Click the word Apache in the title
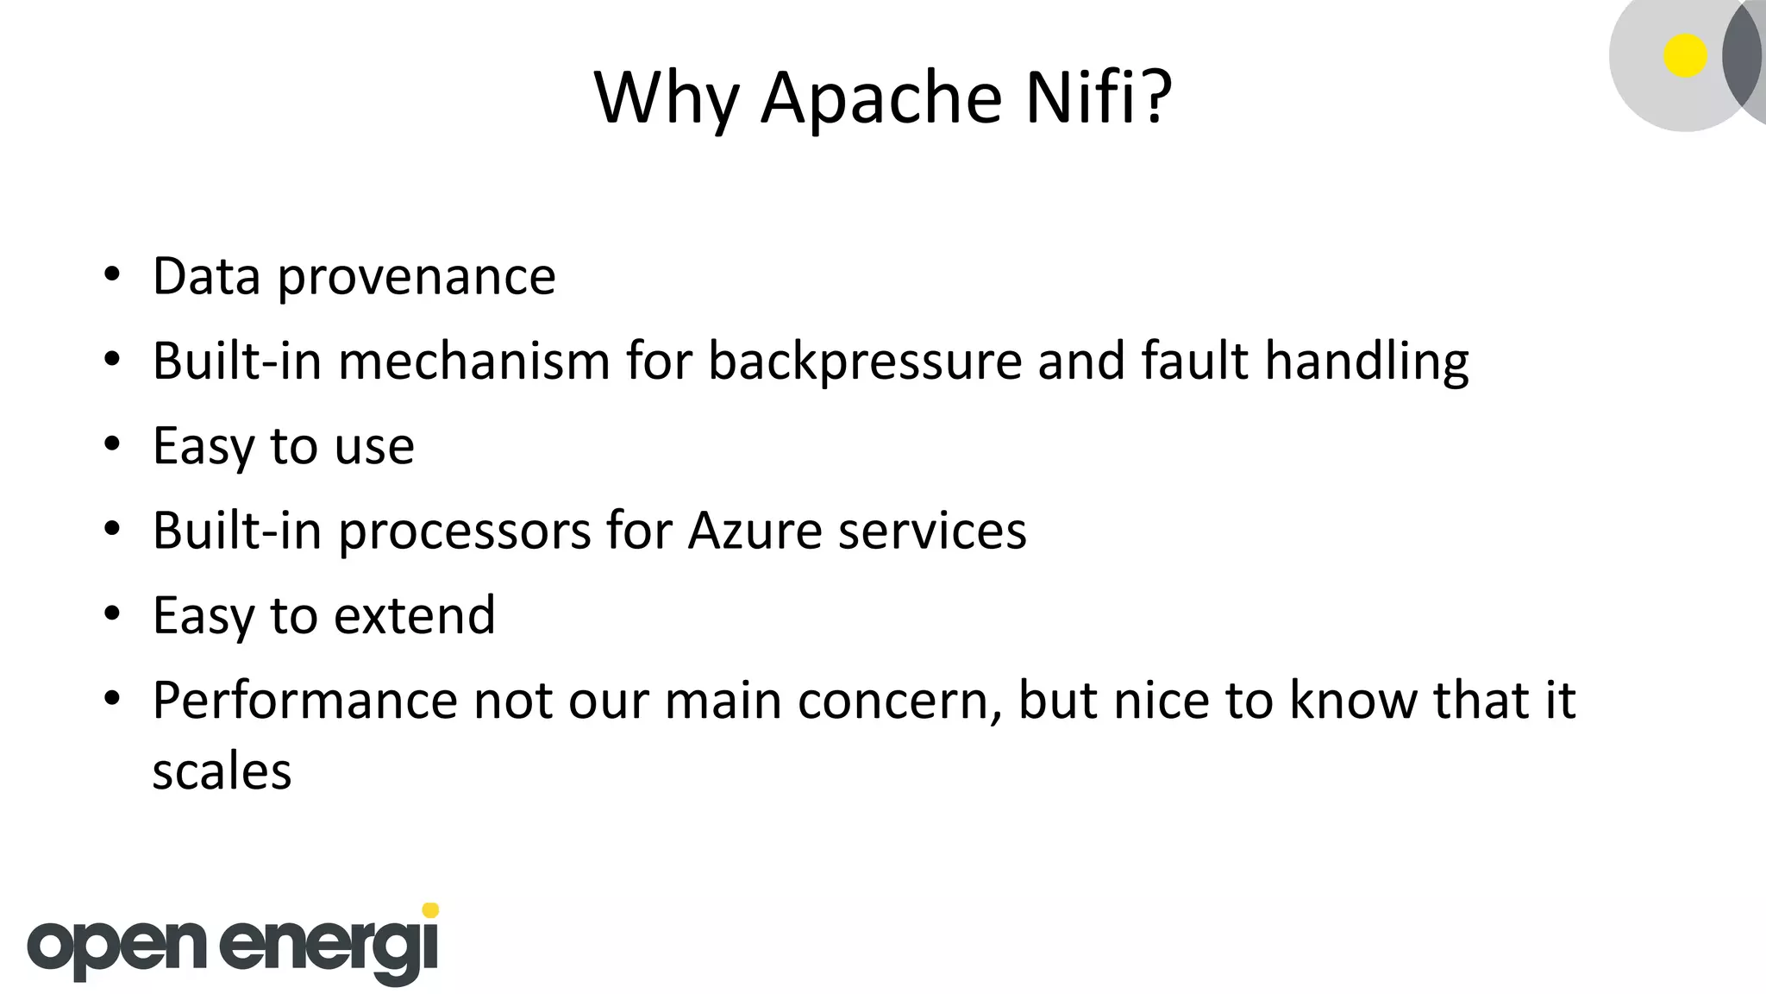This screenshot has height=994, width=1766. (880, 98)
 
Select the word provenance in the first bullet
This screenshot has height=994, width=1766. (416, 278)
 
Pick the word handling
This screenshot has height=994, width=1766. (1367, 362)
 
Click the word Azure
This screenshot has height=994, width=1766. (755, 531)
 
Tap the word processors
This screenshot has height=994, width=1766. (465, 532)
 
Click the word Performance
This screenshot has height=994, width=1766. (304, 701)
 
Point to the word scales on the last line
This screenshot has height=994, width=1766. (222, 771)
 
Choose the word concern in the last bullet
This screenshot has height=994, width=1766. (900, 701)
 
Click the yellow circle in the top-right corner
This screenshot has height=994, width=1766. (1685, 56)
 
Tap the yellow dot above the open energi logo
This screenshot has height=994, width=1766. (431, 909)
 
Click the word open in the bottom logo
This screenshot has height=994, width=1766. (117, 949)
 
